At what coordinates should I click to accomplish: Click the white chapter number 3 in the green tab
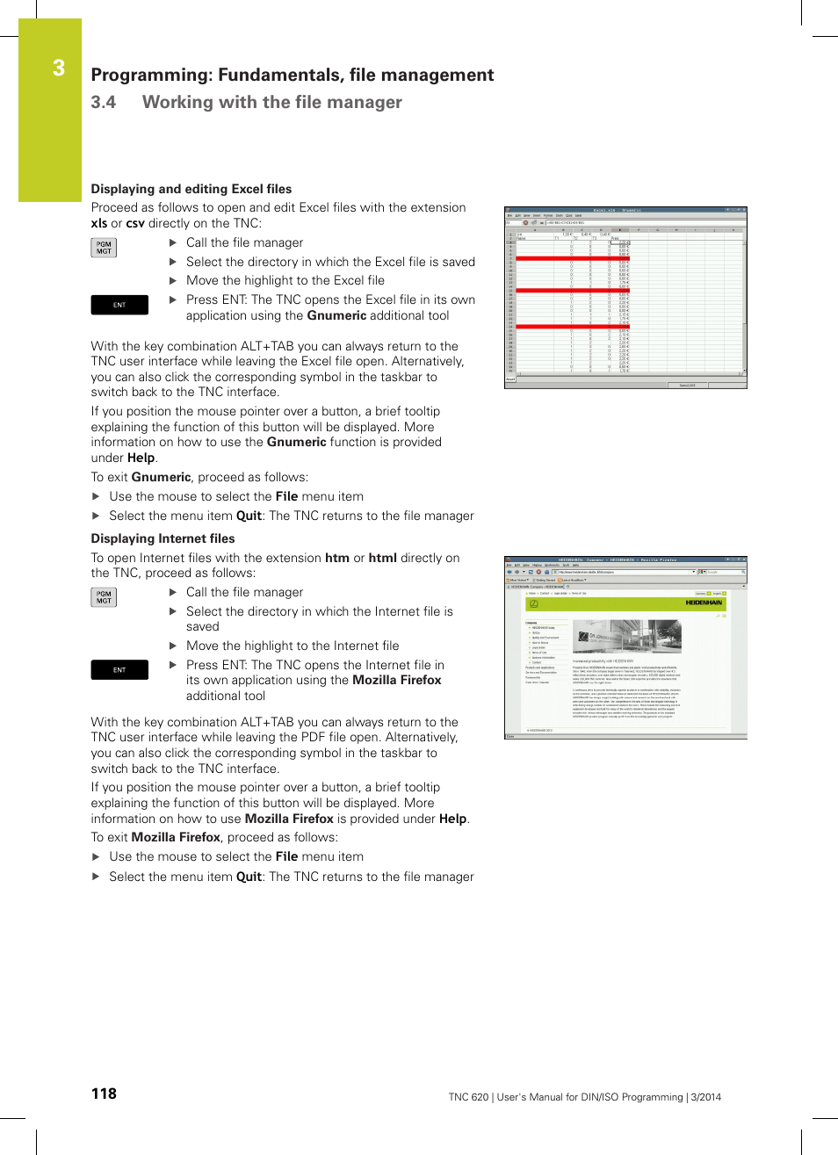coord(58,69)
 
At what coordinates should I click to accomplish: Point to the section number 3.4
coord(103,103)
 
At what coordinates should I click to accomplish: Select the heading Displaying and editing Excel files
coord(191,189)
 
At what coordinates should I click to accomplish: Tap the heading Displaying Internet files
coord(163,538)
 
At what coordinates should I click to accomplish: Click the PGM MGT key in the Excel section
coord(104,248)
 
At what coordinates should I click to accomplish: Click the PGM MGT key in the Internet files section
coord(104,597)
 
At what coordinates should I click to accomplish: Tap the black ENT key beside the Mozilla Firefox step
coord(119,670)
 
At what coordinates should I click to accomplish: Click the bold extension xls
coord(98,223)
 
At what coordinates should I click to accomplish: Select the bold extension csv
coord(134,223)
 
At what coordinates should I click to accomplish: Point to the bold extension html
coord(382,558)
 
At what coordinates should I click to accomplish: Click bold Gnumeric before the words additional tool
coord(336,315)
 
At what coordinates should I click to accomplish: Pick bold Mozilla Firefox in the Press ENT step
coord(396,680)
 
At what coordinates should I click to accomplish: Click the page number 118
coord(104,1094)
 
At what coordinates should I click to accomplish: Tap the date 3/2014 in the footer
coord(705,1097)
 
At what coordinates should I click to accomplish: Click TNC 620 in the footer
coord(468,1097)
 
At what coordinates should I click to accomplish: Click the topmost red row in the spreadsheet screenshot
coord(572,259)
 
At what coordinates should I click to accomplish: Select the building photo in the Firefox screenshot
coord(626,637)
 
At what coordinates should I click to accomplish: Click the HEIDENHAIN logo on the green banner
coord(704,603)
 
